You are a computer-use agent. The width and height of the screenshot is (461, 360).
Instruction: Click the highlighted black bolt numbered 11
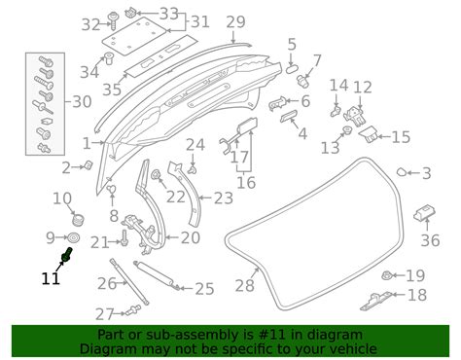pyautogui.click(x=67, y=254)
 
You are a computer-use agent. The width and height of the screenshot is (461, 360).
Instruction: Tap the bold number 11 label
pyautogui.click(x=51, y=278)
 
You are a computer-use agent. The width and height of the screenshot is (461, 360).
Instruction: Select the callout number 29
pyautogui.click(x=235, y=22)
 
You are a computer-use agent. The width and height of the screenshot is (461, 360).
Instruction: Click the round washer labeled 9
pyautogui.click(x=74, y=238)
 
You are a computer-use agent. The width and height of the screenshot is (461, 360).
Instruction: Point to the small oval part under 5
pyautogui.click(x=291, y=69)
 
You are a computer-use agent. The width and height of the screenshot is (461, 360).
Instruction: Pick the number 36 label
pyautogui.click(x=430, y=240)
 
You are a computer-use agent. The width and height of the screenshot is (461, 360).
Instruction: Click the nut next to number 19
pyautogui.click(x=387, y=275)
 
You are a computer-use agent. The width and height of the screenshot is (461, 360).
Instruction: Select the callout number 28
pyautogui.click(x=245, y=286)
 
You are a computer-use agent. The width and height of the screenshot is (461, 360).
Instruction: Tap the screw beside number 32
pyautogui.click(x=114, y=20)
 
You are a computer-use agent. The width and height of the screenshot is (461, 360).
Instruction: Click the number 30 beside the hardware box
pyautogui.click(x=82, y=102)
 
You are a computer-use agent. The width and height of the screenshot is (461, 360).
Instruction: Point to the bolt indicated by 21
pyautogui.click(x=124, y=238)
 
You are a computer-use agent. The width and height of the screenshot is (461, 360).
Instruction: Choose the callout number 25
pyautogui.click(x=204, y=289)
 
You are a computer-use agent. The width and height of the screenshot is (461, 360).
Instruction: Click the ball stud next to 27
pyautogui.click(x=133, y=310)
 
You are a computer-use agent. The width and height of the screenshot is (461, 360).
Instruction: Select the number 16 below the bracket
pyautogui.click(x=246, y=183)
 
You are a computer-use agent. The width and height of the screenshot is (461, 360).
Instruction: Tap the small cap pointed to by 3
pyautogui.click(x=402, y=172)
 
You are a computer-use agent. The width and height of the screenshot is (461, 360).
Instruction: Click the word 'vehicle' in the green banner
pyautogui.click(x=352, y=349)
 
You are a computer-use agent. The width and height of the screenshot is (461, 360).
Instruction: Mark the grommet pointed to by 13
pyautogui.click(x=347, y=130)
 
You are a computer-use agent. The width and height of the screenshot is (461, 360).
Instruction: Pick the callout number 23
pyautogui.click(x=224, y=198)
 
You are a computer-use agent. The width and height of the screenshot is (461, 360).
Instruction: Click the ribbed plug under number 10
pyautogui.click(x=78, y=219)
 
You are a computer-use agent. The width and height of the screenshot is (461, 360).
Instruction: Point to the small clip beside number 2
pyautogui.click(x=89, y=165)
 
